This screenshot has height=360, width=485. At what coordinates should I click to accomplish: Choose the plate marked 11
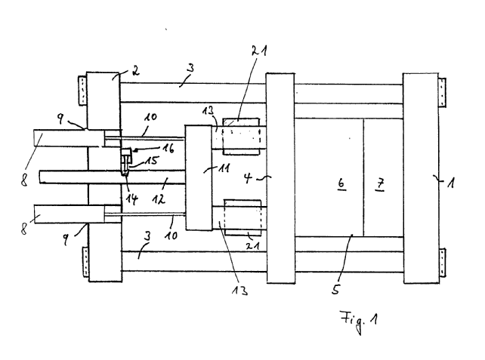click(x=199, y=177)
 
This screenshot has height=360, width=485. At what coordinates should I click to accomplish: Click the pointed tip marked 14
click(x=125, y=174)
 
